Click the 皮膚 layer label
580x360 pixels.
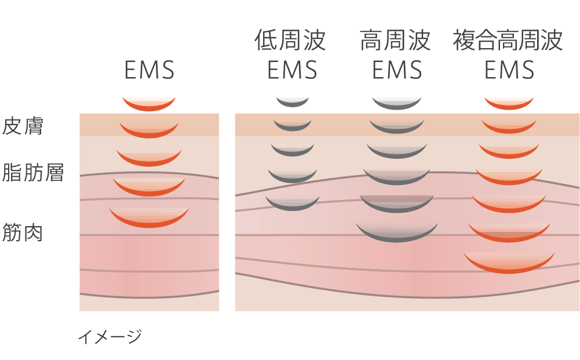point(23,126)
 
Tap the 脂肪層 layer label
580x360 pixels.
point(33,173)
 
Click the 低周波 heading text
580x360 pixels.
point(290,41)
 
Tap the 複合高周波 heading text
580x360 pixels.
point(508,41)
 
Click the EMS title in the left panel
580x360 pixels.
point(149,71)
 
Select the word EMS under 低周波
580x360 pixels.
point(292,71)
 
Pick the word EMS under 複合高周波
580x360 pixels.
point(509,71)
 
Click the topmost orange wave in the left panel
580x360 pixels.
point(149,105)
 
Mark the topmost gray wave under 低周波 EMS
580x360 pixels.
point(293,103)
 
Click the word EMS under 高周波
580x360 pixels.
point(397,71)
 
